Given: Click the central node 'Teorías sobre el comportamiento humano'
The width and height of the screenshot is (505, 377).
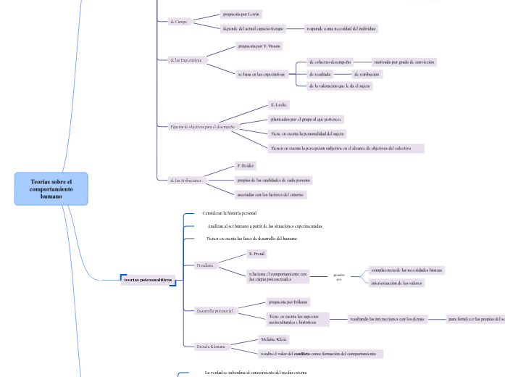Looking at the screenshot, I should (51, 188).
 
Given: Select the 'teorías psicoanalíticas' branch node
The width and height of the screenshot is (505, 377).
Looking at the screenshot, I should (148, 279).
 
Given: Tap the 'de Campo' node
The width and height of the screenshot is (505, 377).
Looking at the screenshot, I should (178, 22).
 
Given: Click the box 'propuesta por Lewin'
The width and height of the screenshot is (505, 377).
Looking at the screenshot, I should (242, 14).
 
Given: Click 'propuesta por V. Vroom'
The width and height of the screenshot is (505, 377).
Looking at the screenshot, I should (259, 46).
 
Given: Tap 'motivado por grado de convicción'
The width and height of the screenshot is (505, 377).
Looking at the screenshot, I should (404, 62).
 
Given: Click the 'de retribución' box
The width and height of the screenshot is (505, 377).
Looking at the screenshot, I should (366, 74).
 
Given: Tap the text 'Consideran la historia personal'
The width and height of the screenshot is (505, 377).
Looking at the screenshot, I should (229, 213).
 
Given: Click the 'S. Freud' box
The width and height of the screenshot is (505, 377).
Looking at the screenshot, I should (256, 254).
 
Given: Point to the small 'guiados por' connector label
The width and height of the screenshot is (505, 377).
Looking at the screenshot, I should (338, 277).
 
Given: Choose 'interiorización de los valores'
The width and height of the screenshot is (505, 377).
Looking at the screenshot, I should (396, 283).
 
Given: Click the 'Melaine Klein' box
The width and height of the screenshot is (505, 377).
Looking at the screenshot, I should (273, 339).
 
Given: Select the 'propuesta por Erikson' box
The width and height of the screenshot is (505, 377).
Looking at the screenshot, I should (288, 302).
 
